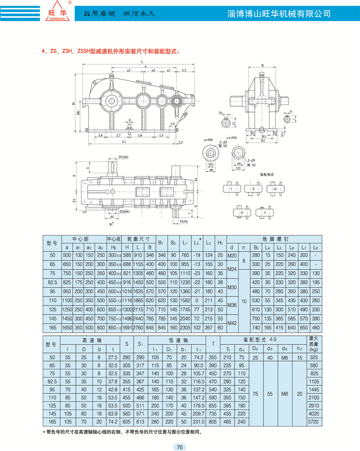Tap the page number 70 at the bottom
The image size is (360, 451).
click(x=180, y=447)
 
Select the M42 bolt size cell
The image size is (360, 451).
click(x=232, y=323)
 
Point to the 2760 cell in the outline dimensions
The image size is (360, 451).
click(x=138, y=328)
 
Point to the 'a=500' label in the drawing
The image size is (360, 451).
click(x=208, y=140)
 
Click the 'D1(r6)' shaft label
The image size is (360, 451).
click(x=124, y=157)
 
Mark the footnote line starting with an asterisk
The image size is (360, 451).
click(x=121, y=432)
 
